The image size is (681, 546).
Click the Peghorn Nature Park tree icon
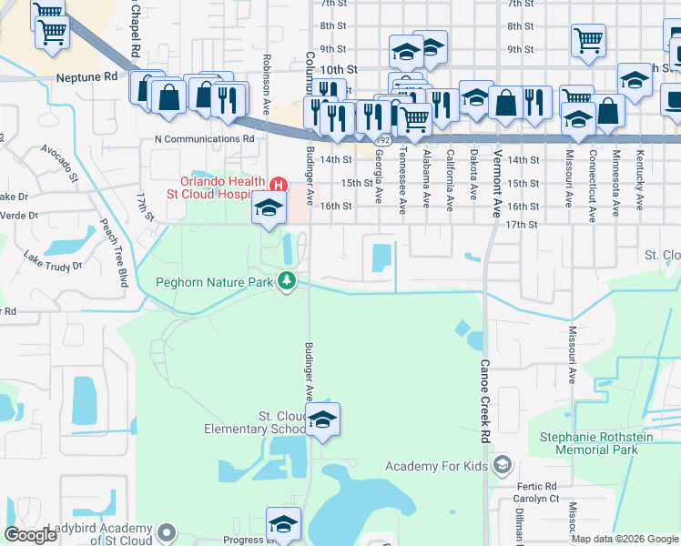click(x=288, y=282)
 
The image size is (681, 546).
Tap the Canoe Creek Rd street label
click(x=484, y=382)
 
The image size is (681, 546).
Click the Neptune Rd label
click(x=86, y=77)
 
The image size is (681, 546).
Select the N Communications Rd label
click(x=205, y=139)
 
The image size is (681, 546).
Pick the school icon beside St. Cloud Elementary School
click(x=321, y=420)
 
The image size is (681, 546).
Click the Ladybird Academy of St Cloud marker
click(x=167, y=531)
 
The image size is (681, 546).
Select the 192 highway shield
click(x=386, y=141)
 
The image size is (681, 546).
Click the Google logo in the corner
click(x=30, y=535)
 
